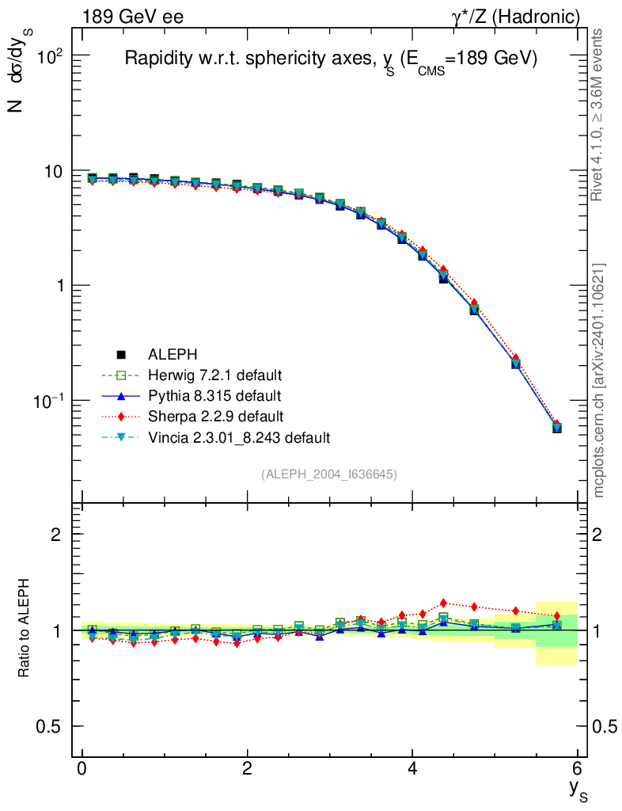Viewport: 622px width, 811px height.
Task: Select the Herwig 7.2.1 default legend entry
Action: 214,375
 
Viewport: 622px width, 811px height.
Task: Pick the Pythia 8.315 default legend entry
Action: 214,395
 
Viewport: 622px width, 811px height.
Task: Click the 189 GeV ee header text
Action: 132,17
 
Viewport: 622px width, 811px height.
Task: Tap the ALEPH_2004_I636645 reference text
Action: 329,474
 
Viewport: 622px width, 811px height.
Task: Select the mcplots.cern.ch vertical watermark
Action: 599,380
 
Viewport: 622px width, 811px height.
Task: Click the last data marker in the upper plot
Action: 557,428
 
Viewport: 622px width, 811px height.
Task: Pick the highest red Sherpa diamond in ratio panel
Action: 443,603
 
